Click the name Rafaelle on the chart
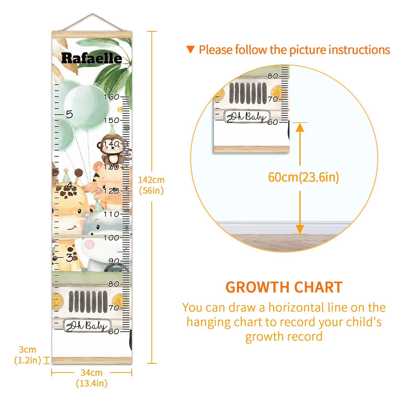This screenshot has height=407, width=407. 92,58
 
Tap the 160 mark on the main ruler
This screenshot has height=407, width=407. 111,97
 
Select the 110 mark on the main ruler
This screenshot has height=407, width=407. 111,214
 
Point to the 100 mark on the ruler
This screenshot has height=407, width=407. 111,238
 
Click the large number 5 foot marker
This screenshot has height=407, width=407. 69,114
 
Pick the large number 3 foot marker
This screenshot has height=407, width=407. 69,257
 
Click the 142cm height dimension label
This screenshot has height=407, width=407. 151,185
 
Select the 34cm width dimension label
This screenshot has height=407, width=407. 92,378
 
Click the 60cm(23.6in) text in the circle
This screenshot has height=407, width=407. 303,177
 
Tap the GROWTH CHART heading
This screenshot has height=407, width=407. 284,287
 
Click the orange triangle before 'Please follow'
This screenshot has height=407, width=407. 190,49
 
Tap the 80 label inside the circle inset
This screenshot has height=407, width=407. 273,76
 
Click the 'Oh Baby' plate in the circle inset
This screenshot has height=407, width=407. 247,117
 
